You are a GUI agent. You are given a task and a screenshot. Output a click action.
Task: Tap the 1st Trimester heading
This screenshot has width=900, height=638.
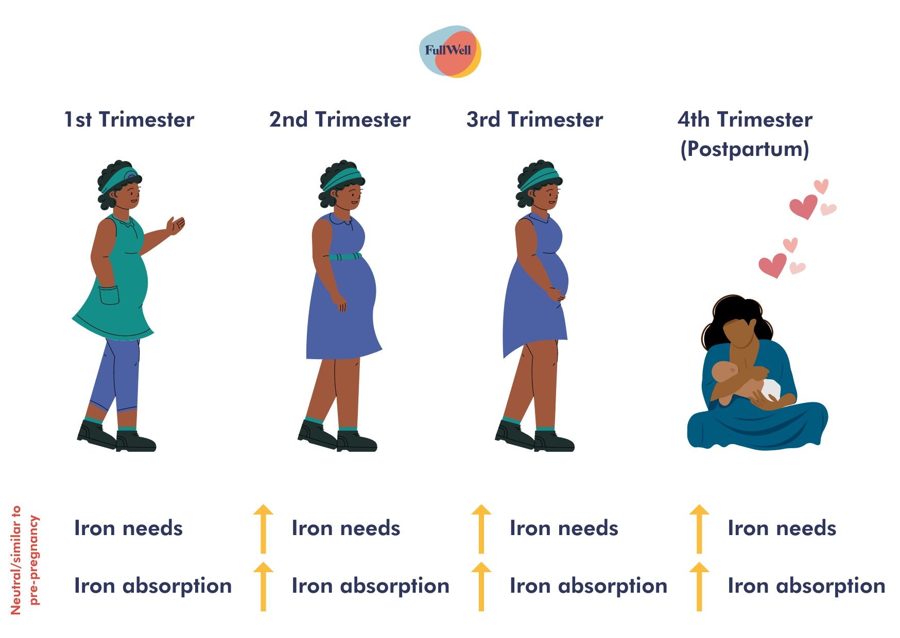(x=129, y=119)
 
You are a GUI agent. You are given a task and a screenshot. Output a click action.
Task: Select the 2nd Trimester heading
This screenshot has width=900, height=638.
(x=340, y=119)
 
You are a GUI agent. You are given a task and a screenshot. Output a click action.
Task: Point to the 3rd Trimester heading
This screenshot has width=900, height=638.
(x=534, y=119)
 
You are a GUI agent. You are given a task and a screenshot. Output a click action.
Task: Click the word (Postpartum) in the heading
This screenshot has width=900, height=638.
(x=745, y=149)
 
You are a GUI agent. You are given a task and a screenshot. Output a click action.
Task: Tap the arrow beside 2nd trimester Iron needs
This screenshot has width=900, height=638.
(x=263, y=529)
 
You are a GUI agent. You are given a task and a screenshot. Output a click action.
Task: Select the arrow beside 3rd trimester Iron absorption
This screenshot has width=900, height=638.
(x=481, y=586)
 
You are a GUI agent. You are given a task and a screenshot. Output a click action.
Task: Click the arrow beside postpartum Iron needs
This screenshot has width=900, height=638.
(x=699, y=529)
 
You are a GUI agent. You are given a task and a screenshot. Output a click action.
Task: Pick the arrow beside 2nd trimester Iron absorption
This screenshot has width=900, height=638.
(x=263, y=586)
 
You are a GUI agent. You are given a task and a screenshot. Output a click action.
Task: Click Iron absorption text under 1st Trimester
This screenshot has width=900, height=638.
(x=153, y=586)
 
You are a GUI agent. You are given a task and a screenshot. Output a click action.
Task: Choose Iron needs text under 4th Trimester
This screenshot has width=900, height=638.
(x=782, y=528)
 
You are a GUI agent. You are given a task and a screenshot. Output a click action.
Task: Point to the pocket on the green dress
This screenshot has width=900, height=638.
(x=109, y=295)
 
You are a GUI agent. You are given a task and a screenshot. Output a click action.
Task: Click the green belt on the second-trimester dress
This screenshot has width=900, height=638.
(x=345, y=256)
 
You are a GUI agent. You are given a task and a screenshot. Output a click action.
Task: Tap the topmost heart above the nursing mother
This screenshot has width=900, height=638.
(x=821, y=186)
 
